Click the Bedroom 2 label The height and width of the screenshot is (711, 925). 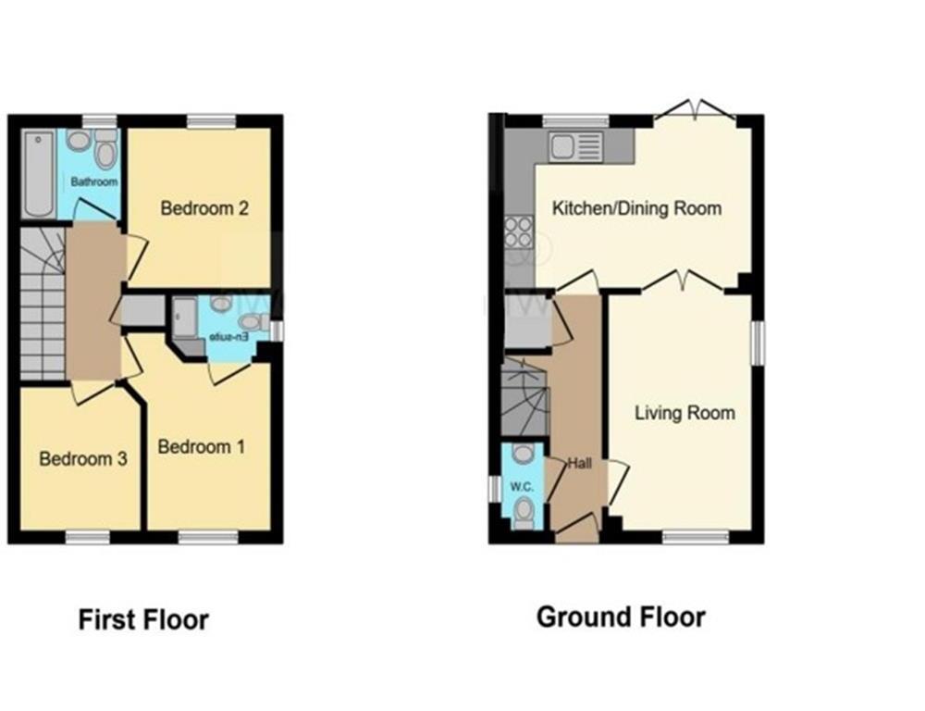pyautogui.click(x=204, y=208)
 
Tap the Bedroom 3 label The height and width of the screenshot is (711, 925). pyautogui.click(x=82, y=458)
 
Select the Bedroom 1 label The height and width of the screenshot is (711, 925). pyautogui.click(x=202, y=447)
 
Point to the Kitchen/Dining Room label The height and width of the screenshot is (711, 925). pyautogui.click(x=636, y=207)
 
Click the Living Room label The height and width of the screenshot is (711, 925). pyautogui.click(x=684, y=413)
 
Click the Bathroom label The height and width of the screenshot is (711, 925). pyautogui.click(x=94, y=182)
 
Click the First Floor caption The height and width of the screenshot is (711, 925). pyautogui.click(x=143, y=619)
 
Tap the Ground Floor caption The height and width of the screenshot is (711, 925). pyautogui.click(x=621, y=617)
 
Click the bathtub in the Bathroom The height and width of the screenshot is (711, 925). pyautogui.click(x=39, y=173)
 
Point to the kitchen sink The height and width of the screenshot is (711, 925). pyautogui.click(x=574, y=145)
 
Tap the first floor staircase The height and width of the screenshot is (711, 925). pyautogui.click(x=43, y=306)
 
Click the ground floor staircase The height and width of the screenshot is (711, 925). pyautogui.click(x=524, y=397)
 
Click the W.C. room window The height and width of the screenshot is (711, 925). pyautogui.click(x=494, y=489)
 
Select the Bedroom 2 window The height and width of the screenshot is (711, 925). pyautogui.click(x=211, y=120)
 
